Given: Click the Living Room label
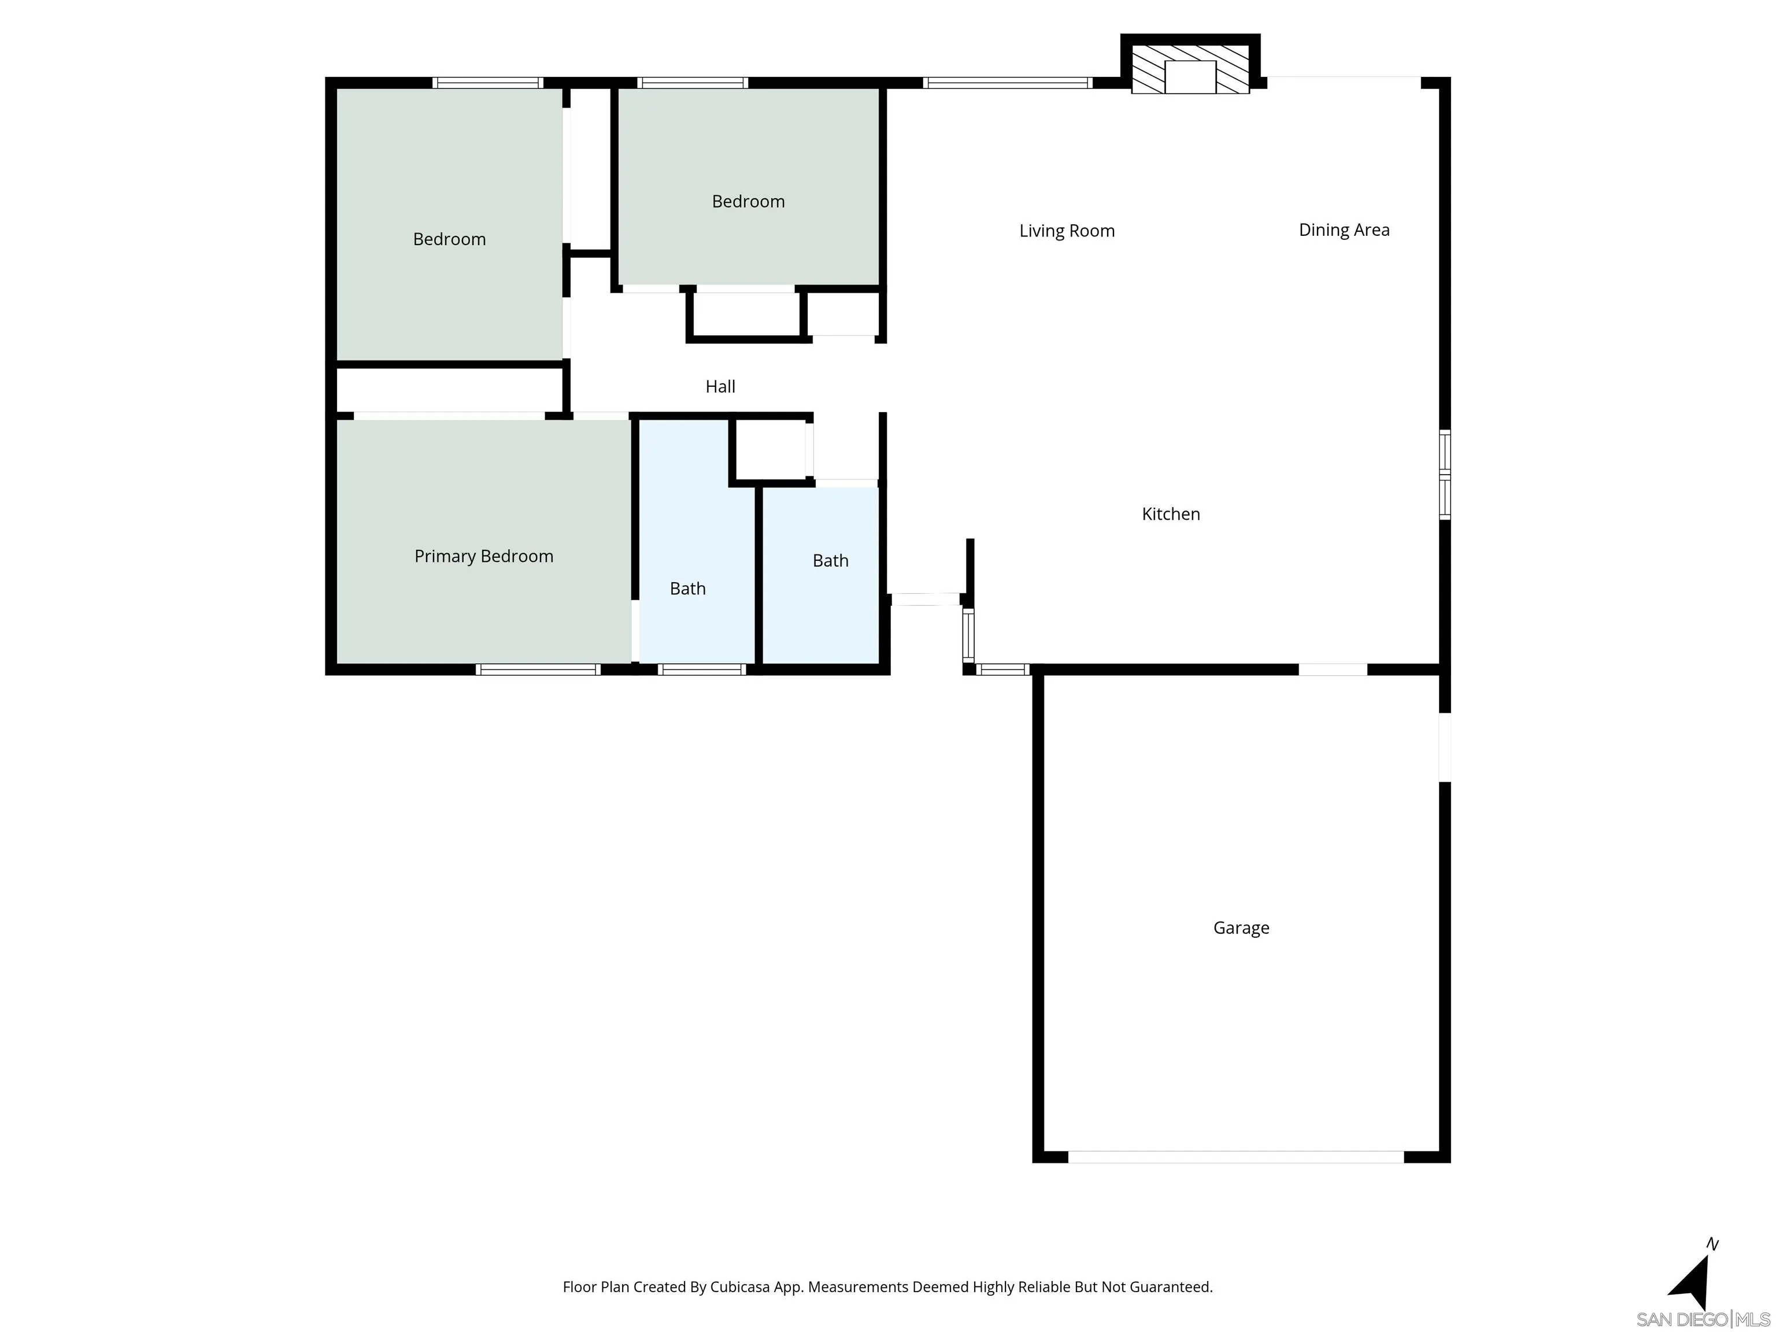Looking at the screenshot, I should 1066,231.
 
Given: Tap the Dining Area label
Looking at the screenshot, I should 1344,231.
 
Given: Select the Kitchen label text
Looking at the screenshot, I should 1171,514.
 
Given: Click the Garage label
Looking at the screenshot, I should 1241,928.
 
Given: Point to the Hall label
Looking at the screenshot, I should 720,387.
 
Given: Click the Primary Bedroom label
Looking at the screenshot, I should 483,556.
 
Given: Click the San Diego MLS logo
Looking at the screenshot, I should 1702,1319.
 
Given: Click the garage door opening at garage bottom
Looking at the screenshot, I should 1235,1157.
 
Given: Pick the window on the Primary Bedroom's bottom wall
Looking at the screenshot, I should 538,669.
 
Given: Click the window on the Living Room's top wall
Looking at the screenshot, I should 1007,83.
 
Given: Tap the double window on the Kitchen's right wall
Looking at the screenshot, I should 1444,475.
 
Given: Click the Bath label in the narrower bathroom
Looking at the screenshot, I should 687,589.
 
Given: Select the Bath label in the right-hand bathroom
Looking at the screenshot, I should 830,561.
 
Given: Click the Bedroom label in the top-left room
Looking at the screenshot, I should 449,239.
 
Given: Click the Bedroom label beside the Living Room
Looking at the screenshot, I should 748,202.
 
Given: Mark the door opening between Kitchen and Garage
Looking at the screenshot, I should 1332,669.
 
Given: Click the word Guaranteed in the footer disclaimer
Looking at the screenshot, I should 1171,1287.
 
